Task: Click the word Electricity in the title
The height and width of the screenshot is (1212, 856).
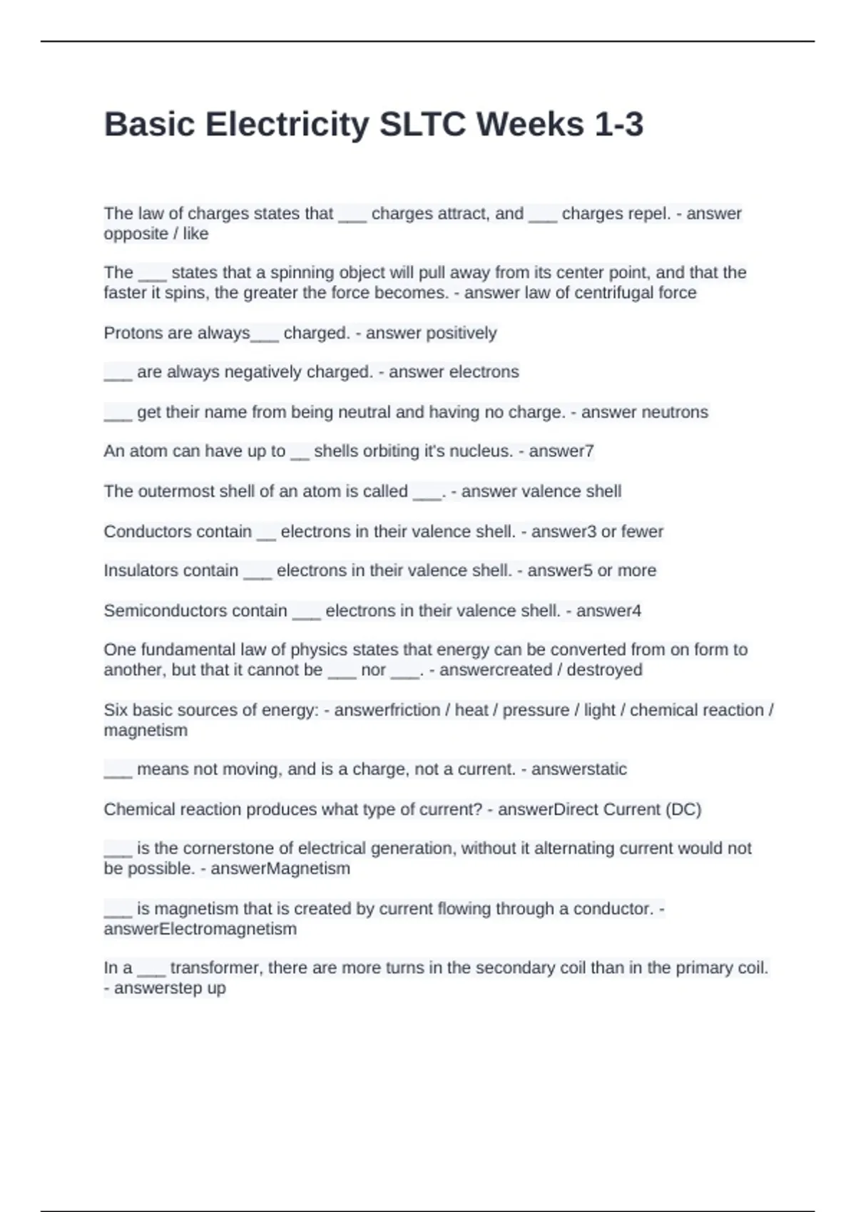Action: point(287,125)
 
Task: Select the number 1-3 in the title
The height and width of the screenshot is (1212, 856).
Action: point(618,125)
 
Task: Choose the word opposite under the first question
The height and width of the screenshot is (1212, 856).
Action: point(136,234)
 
